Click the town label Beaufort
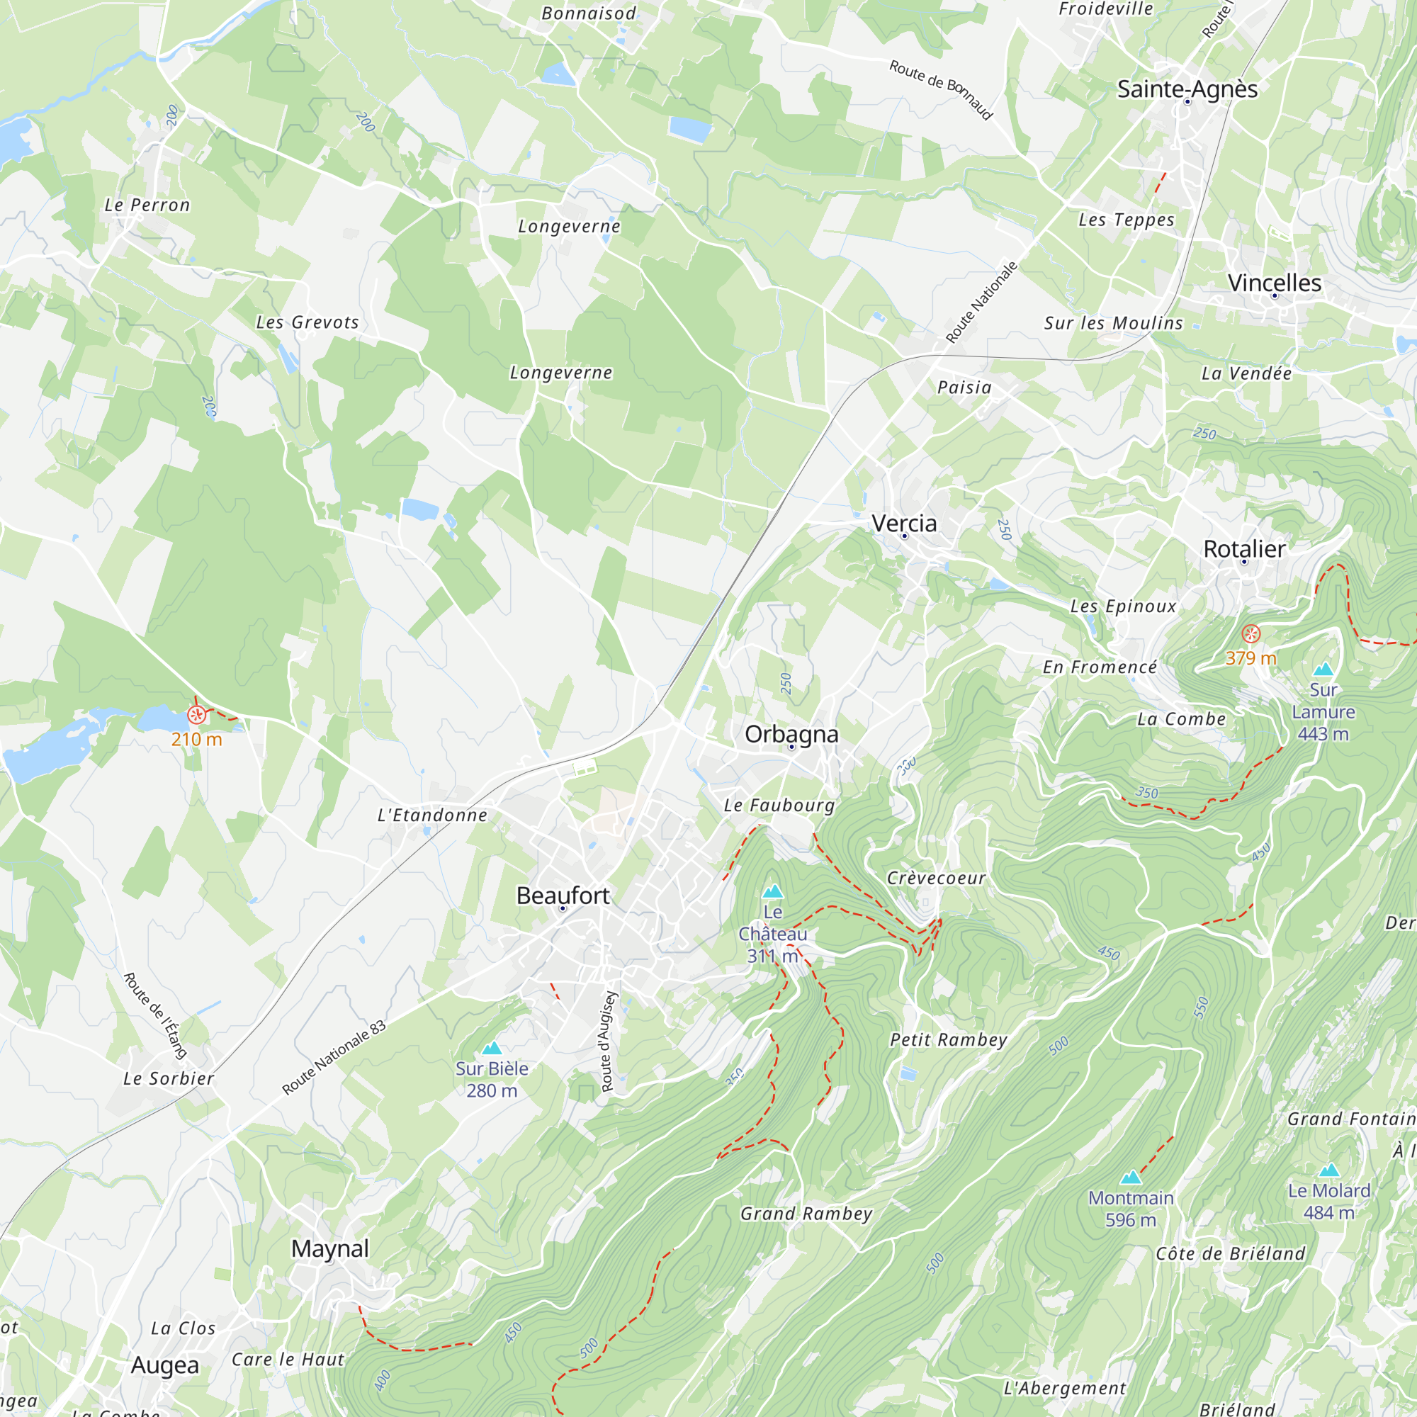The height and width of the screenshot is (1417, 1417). [563, 896]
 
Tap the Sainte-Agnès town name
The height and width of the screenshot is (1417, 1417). [1187, 89]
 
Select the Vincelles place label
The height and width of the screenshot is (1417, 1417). [1274, 283]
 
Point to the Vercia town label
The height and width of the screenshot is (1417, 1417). [903, 523]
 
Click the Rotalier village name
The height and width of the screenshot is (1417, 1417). [1244, 548]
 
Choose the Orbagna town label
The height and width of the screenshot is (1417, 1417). [791, 734]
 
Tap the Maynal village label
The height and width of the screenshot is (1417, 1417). [329, 1248]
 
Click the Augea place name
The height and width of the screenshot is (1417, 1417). [164, 1366]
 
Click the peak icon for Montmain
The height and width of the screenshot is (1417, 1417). [1130, 1177]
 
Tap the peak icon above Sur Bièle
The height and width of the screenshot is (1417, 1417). [492, 1048]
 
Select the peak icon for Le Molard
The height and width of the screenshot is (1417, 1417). [1328, 1170]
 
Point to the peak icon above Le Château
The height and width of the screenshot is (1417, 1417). [772, 892]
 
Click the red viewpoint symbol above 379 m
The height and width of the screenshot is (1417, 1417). [1251, 633]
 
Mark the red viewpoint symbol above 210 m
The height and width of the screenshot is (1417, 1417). [196, 714]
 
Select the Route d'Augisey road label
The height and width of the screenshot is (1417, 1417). [609, 1041]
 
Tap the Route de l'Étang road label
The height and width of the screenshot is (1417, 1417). [154, 1016]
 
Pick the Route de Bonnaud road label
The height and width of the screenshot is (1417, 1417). [940, 89]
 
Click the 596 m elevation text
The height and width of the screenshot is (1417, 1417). [1130, 1220]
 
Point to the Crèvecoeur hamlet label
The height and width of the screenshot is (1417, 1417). [936, 878]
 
